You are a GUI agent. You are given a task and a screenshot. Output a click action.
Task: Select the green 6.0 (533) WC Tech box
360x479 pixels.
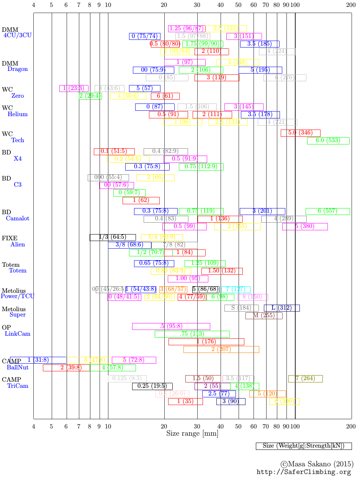pos(328,141)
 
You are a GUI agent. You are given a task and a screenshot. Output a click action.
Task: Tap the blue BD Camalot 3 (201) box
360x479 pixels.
pos(262,211)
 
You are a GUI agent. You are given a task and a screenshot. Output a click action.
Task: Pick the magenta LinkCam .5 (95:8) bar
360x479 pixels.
pos(171,326)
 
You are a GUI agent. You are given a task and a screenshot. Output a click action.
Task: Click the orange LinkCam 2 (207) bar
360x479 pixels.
pos(221,349)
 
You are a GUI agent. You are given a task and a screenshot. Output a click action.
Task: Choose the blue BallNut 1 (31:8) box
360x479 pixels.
pos(38,360)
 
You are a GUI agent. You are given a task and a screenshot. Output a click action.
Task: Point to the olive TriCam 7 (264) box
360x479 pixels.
pos(305,379)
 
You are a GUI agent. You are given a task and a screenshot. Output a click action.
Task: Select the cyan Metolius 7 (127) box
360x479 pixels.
pos(236,289)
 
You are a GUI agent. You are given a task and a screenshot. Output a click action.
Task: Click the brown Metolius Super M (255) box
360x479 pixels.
pos(264,316)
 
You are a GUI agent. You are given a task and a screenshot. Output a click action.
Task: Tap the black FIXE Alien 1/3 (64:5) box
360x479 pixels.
pos(113,237)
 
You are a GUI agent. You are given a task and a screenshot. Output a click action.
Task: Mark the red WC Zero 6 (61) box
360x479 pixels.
pos(165,96)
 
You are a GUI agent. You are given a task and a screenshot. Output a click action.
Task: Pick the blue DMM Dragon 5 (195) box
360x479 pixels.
pos(260,70)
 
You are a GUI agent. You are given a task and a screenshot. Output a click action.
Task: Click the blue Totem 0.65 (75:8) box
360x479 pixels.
pos(154,263)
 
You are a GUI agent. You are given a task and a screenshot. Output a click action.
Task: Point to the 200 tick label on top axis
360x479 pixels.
pos(351,5)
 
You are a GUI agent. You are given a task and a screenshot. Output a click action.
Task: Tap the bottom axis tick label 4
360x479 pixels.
pos(34,427)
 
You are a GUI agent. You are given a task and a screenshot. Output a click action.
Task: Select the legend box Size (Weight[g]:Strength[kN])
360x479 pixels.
pos(304,446)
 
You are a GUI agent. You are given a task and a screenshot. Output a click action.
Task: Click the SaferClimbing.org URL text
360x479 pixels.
pos(304,472)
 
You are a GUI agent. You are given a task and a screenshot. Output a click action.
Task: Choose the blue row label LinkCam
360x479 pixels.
pos(18,334)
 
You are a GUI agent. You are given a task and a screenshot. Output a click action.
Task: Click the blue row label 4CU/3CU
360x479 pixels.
pos(18,35)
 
